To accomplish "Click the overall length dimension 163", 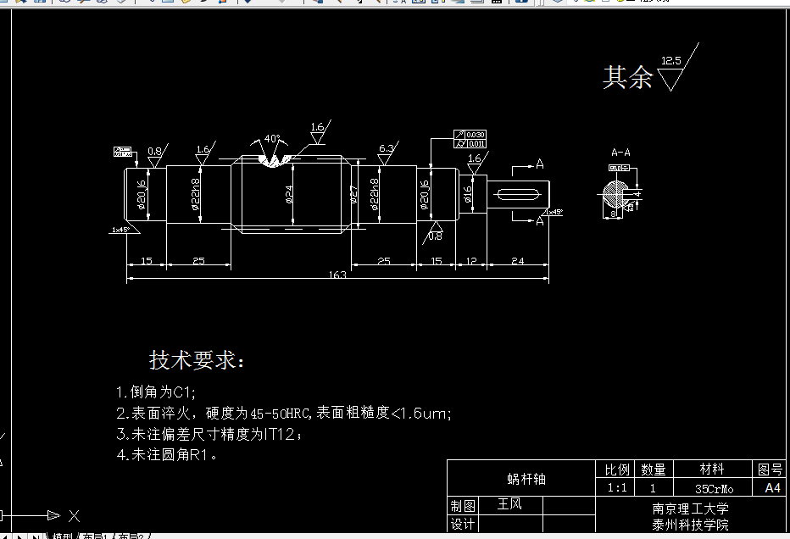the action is [x=340, y=275].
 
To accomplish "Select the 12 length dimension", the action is [x=471, y=261].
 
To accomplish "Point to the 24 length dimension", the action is [x=517, y=261].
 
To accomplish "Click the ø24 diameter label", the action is [x=289, y=194].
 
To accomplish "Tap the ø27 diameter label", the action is [x=353, y=194].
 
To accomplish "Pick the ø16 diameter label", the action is [x=467, y=194].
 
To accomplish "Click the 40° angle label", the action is [x=272, y=138].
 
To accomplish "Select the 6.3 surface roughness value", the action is [x=386, y=149].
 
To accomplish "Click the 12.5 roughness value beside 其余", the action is [x=671, y=61].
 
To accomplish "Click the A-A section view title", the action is [x=620, y=153].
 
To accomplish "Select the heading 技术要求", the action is [x=196, y=360].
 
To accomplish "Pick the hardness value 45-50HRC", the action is [x=282, y=414].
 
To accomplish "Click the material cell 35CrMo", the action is [x=714, y=489].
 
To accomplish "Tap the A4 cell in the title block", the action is [x=771, y=488].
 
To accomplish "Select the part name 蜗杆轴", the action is [x=526, y=479].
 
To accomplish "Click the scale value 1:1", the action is [x=617, y=489].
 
